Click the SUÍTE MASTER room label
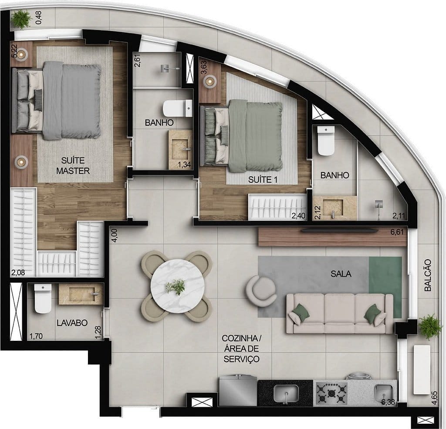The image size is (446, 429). point(73,166)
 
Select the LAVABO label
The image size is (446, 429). point(72,323)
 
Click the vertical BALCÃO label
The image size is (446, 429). point(428,275)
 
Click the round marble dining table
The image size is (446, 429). point(177,286)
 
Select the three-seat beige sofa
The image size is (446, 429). point(340,312)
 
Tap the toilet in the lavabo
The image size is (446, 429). point(43,299)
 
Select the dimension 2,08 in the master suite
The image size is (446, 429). point(18,274)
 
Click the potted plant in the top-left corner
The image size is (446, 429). point(21,18)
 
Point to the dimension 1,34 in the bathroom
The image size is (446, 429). point(186,164)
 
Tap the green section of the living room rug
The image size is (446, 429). point(385,286)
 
